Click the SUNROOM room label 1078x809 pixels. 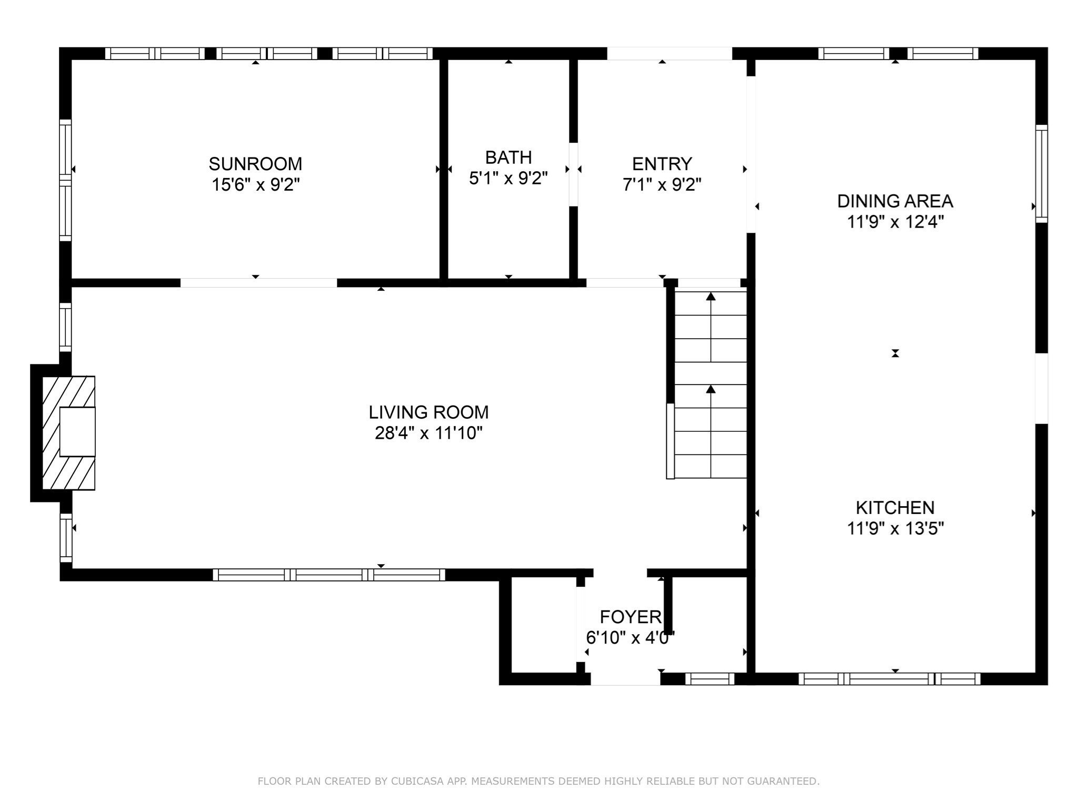pos(255,164)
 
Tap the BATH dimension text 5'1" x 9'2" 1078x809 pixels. pos(508,179)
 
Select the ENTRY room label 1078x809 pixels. pos(662,164)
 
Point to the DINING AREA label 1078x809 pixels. pos(895,201)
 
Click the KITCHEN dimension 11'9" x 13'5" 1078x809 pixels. pos(895,528)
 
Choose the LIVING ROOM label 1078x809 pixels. pos(428,412)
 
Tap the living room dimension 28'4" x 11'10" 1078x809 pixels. pos(428,433)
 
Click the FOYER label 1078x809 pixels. pos(630,617)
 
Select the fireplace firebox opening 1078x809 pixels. pos(77,431)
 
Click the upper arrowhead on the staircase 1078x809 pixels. pos(711,297)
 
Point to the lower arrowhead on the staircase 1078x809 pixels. pos(711,389)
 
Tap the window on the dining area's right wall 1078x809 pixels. pos(1041,174)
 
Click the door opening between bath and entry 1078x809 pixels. pos(574,174)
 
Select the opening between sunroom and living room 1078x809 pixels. pos(258,283)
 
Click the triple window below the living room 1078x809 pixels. pos(329,575)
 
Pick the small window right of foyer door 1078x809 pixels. pos(710,679)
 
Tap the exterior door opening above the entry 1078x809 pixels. pos(670,53)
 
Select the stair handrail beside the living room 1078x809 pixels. pos(670,441)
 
